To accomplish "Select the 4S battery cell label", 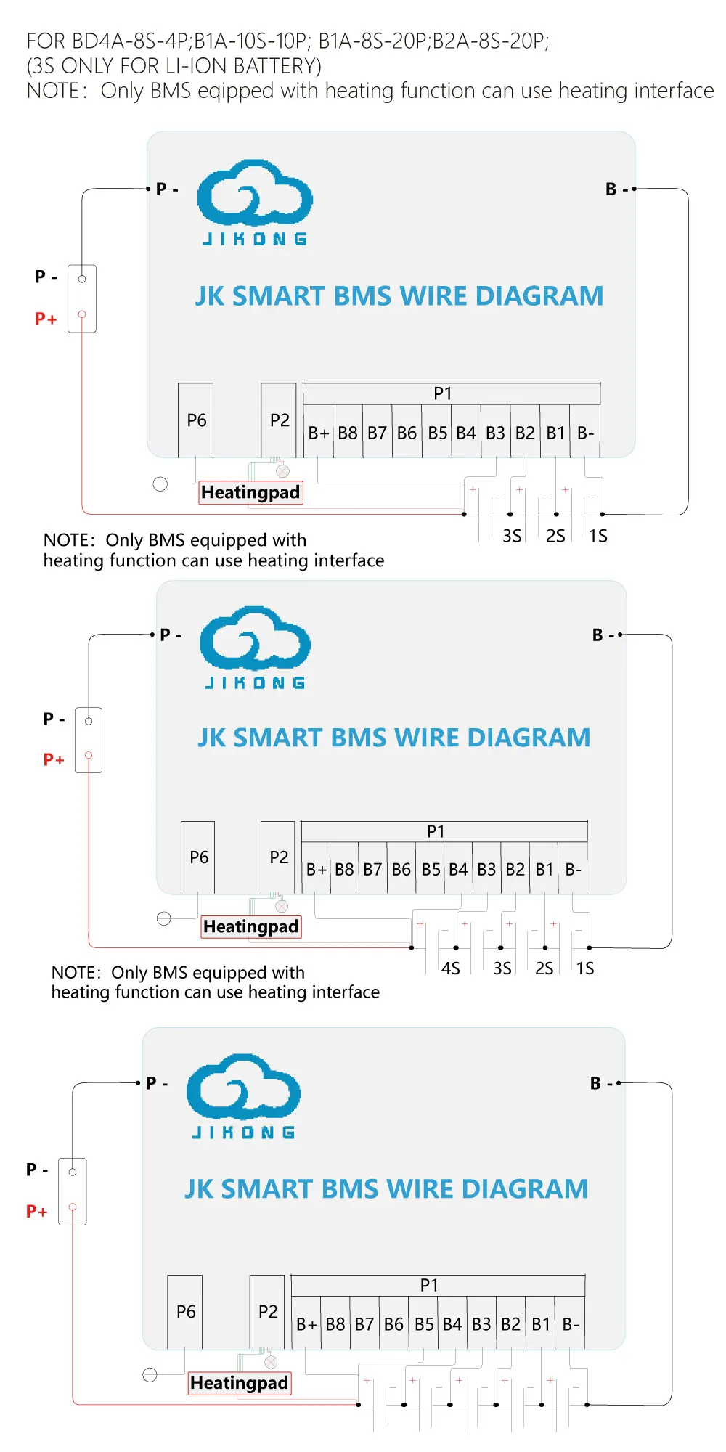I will pos(451,968).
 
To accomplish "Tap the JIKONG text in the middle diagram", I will pos(255,682).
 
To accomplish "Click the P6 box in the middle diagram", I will pos(198,857).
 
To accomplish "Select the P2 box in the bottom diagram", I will pos(268,1312).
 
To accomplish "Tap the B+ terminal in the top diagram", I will pos(319,433).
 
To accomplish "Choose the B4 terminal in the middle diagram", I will pos(458,869).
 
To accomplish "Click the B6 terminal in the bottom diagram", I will pos(393,1324).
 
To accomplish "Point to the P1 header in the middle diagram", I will pos(436,831).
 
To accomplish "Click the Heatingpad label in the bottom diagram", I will pos(239,1383).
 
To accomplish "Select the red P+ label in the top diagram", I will pos(46,319).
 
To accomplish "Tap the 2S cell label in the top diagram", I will pos(555,536).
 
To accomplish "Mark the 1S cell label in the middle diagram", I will pos(585,968).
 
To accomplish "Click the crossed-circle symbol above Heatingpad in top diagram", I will pos(283,472).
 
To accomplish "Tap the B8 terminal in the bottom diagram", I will pos(335,1324).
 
